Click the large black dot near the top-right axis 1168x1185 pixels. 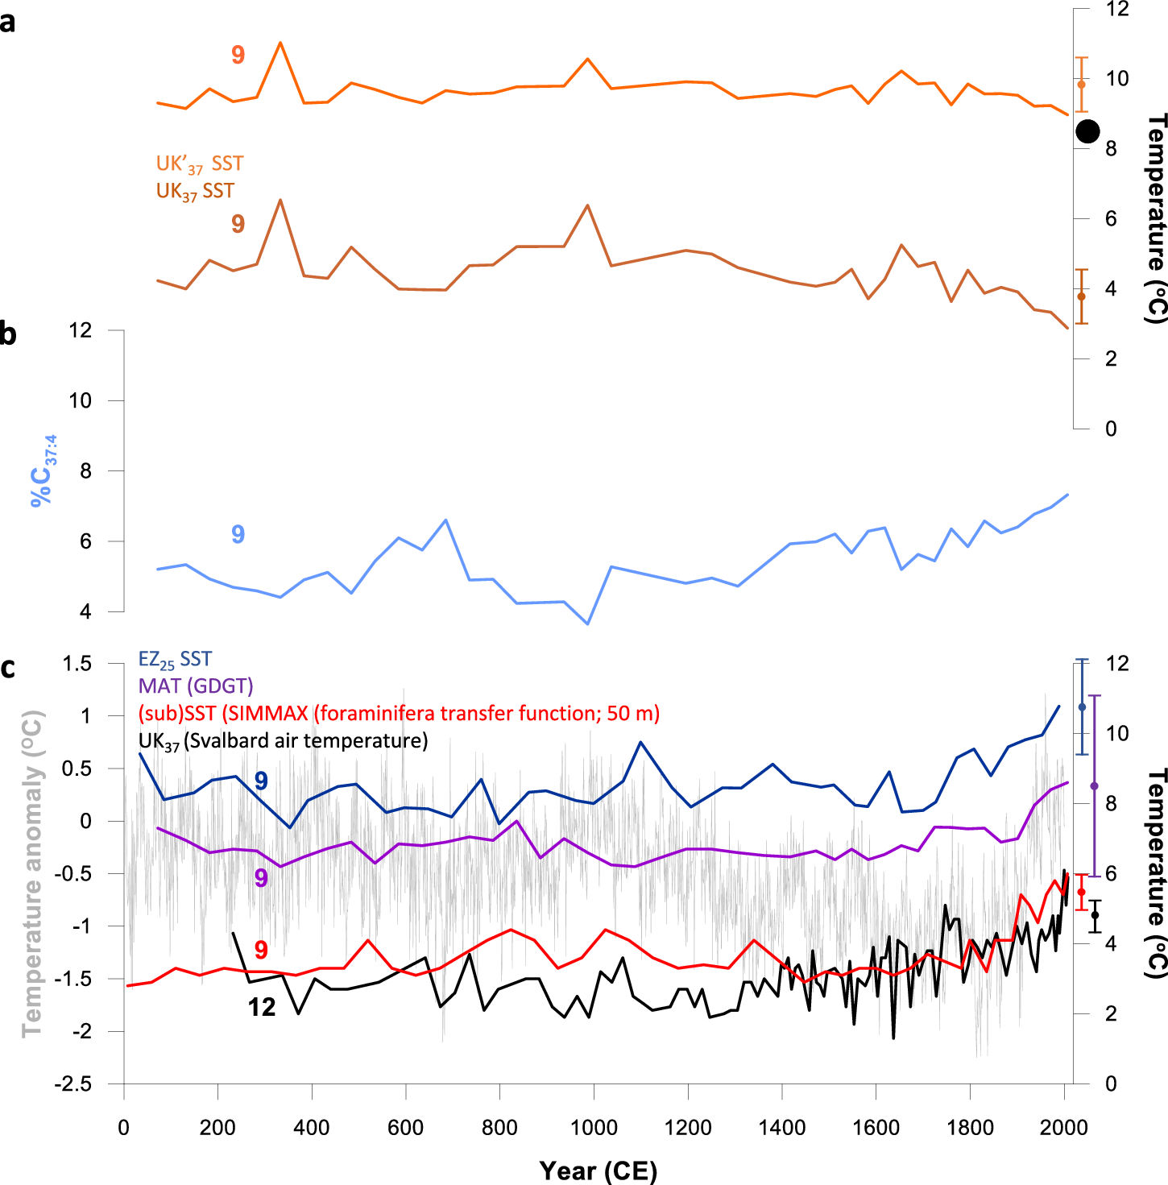click(x=1087, y=131)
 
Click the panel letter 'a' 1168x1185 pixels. click(x=8, y=23)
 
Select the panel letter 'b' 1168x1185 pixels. click(x=8, y=333)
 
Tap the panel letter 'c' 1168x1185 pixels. click(x=8, y=668)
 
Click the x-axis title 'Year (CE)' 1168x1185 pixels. click(x=598, y=1170)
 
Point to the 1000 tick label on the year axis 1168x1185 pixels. click(x=594, y=1128)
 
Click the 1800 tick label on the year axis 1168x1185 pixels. click(x=970, y=1128)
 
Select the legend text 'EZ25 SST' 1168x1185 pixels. click(x=175, y=660)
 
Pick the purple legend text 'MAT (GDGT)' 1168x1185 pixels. click(x=196, y=686)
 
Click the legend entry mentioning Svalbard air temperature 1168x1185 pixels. click(x=283, y=741)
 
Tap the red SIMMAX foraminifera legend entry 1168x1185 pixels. click(x=399, y=714)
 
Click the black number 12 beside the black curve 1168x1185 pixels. click(x=262, y=1007)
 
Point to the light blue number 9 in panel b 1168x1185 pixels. click(x=238, y=534)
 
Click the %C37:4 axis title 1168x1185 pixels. click(x=43, y=471)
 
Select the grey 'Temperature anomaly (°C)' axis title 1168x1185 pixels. click(x=32, y=874)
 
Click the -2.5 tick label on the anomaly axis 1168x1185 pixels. click(x=72, y=1083)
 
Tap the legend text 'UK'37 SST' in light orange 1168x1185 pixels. click(x=199, y=164)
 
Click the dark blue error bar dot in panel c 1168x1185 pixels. click(x=1082, y=707)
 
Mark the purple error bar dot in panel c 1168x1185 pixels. click(x=1094, y=785)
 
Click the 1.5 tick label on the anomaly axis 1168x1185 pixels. click(x=78, y=664)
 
